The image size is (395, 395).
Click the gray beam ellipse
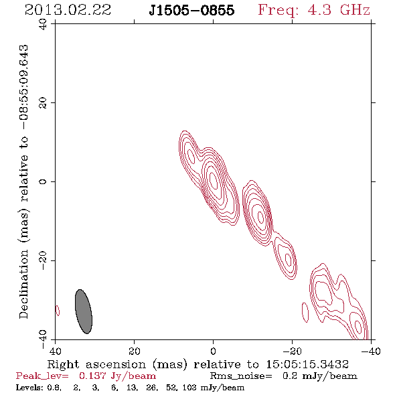pos(84,311)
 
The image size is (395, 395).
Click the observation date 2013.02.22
pos(68,10)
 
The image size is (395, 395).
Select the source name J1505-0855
pos(191,10)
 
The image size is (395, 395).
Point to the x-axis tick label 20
pos(135,351)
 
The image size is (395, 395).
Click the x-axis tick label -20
pos(292,351)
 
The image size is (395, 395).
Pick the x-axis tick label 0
pos(213,351)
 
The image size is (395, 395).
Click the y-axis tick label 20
pos(43,103)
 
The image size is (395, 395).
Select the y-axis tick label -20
pos(43,260)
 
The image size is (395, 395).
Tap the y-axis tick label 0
pos(43,181)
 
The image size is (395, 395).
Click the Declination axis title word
pos(23,285)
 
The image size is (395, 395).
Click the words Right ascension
pos(96,364)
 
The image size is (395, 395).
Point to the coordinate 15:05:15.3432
pos(307,364)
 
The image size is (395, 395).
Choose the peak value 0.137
pos(92,376)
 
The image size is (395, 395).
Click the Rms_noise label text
pos(241,376)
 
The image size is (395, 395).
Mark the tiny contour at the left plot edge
pos(58,311)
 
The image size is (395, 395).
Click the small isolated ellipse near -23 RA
pos(305,313)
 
